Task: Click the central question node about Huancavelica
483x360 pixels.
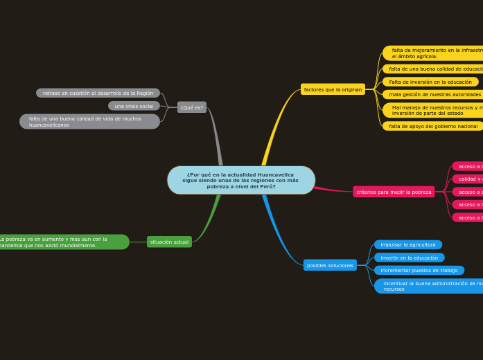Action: click(240, 180)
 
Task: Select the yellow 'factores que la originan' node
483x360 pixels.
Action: click(333, 89)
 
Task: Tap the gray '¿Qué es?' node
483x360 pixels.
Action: click(192, 107)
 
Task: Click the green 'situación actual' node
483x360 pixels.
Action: click(169, 242)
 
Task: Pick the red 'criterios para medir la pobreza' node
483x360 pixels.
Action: click(394, 192)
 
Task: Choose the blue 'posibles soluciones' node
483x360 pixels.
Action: click(330, 265)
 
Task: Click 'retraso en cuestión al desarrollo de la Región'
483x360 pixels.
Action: click(98, 93)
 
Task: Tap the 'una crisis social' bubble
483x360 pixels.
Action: click(134, 106)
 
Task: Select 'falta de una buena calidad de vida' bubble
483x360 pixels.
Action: click(89, 122)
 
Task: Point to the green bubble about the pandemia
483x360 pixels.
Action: click(62, 242)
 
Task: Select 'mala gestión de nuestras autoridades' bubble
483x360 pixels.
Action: click(434, 94)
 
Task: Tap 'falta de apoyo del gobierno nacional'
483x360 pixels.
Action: click(433, 126)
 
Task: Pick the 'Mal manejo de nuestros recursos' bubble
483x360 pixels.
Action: click(434, 110)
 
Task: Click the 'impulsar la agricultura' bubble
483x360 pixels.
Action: click(408, 244)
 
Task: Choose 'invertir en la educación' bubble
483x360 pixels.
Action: click(410, 258)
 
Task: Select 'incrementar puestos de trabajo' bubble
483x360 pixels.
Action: click(419, 270)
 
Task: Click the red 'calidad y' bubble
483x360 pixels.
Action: click(468, 179)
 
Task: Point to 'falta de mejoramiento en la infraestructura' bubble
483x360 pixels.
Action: click(434, 53)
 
